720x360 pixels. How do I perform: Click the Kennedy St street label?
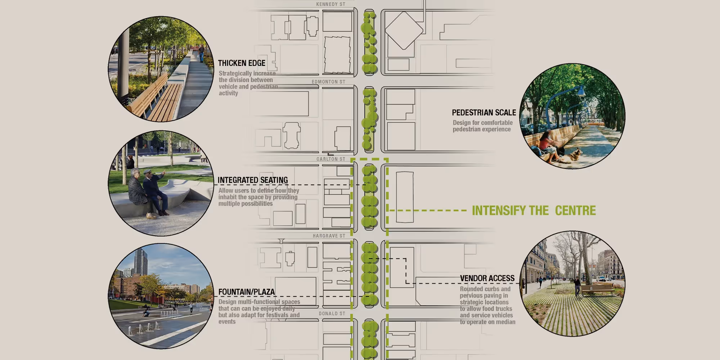pos(330,4)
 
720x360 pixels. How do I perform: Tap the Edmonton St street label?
pos(328,82)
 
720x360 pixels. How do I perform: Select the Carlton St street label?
pos(330,159)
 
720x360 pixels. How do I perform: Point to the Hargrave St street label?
pos(329,236)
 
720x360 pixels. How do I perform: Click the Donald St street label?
pos(332,314)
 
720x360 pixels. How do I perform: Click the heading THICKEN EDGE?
pos(242,63)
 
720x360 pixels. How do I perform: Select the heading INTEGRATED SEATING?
pos(253,180)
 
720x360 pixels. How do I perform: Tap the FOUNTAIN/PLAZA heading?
pos(246,292)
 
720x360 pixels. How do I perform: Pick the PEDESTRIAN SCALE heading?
pos(484,113)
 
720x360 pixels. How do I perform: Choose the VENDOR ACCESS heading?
pos(487,278)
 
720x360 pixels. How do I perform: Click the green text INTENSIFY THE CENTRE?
pos(534,211)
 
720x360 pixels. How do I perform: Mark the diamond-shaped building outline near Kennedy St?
pos(404,31)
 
